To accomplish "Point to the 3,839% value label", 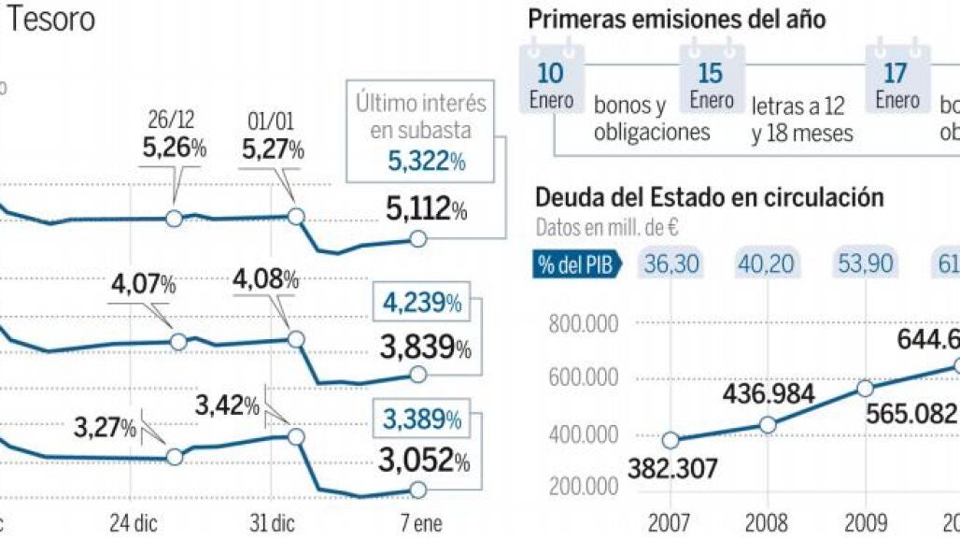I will [x=425, y=348].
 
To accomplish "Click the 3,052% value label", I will [x=423, y=461].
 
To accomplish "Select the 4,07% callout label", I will [x=143, y=283].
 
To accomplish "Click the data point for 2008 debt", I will [x=768, y=424].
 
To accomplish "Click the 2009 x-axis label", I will [x=864, y=521].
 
